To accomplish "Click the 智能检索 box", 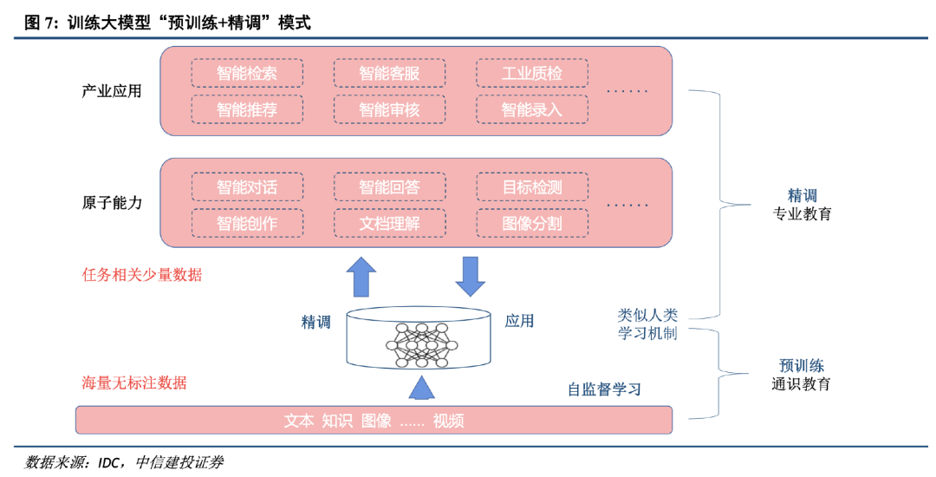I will (247, 73).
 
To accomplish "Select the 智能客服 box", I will (389, 73).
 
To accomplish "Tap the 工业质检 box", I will (531, 73).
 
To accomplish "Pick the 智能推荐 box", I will (247, 109).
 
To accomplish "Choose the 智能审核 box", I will (389, 109).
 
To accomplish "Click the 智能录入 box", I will (531, 109).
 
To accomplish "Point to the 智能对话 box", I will (247, 186).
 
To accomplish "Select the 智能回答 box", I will (389, 186).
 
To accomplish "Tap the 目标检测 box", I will (531, 186).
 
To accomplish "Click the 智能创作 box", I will (247, 223).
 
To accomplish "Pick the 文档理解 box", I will (389, 223).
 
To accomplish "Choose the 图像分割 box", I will (531, 223).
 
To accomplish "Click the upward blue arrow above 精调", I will (361, 278).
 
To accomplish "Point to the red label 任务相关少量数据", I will (141, 275).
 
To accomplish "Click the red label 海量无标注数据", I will (134, 382).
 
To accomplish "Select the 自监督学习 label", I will (604, 389).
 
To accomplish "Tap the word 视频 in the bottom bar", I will (448, 421).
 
